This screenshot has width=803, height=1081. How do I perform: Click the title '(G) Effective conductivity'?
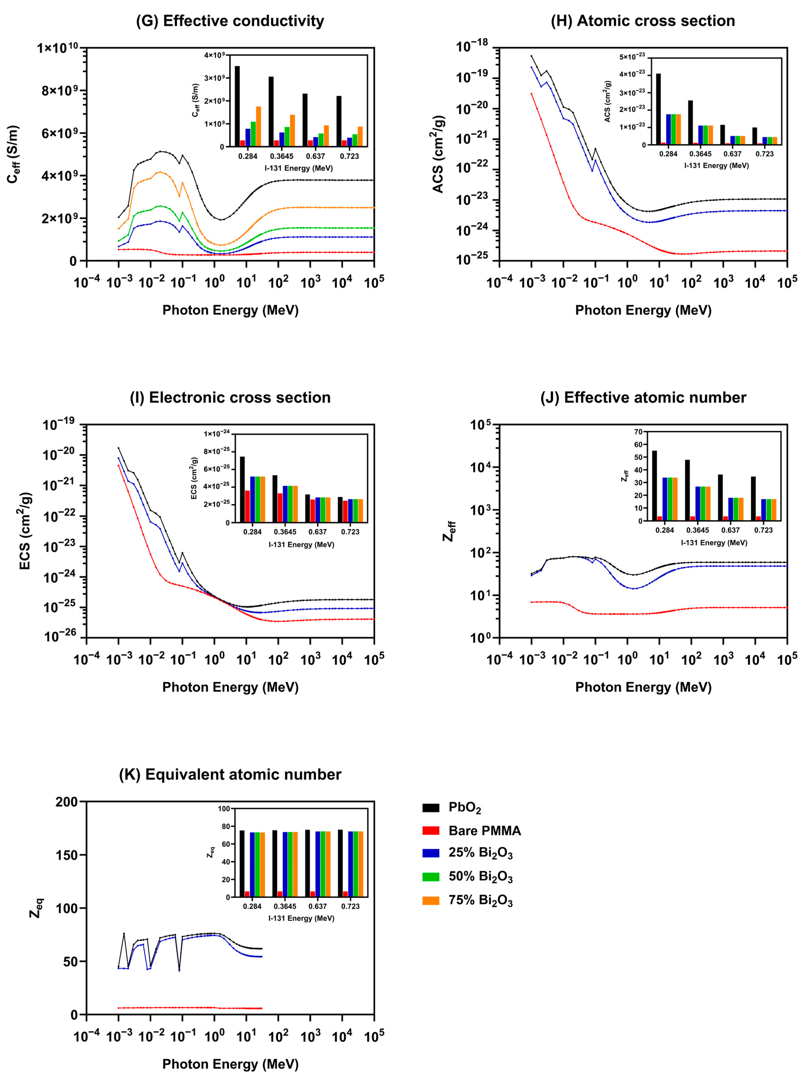pyautogui.click(x=230, y=21)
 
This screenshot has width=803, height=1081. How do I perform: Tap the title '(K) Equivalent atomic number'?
pyautogui.click(x=230, y=774)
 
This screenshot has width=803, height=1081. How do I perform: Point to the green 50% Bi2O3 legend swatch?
pyautogui.click(x=431, y=877)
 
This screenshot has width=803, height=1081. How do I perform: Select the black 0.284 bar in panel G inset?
pyautogui.click(x=237, y=106)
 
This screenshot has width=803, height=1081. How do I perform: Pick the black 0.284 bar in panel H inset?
pyautogui.click(x=658, y=109)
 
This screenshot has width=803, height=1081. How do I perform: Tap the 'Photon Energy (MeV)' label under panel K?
pyautogui.click(x=230, y=1064)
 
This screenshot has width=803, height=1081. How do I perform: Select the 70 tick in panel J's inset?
pyautogui.click(x=637, y=431)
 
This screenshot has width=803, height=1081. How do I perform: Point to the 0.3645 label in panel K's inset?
pyautogui.click(x=285, y=906)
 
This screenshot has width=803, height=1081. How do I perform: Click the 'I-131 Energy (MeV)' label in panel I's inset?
pyautogui.click(x=301, y=544)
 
